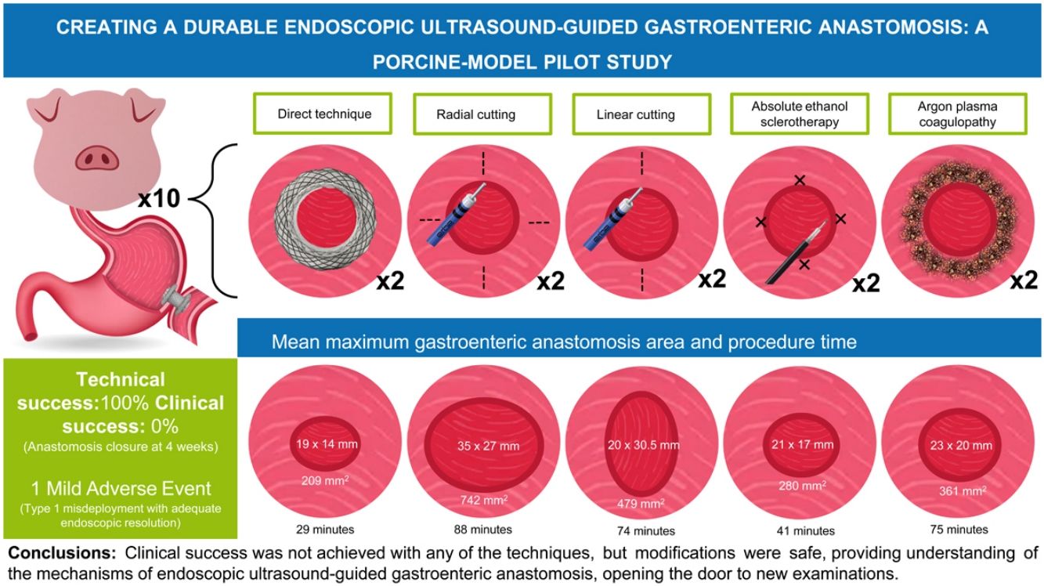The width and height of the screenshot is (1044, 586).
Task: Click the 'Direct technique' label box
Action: point(324,114)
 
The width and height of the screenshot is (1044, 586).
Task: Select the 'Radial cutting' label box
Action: point(476,114)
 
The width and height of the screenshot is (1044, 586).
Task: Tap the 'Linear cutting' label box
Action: point(634,114)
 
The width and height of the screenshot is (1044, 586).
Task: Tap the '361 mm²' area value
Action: point(959,491)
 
